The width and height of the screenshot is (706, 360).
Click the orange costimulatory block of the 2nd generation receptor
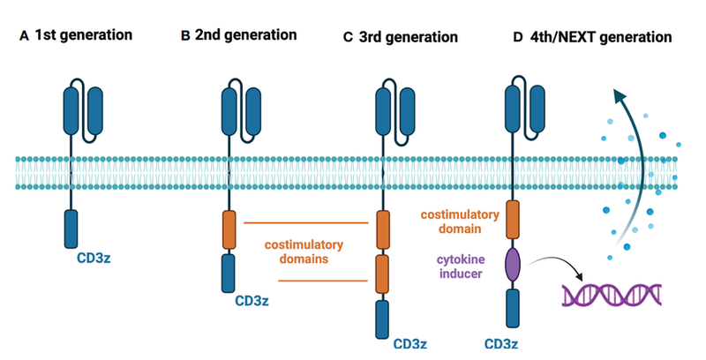pyautogui.click(x=229, y=229)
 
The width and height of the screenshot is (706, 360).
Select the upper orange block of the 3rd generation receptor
pyautogui.click(x=383, y=229)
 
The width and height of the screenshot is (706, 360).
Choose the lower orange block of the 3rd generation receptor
pyautogui.click(x=383, y=274)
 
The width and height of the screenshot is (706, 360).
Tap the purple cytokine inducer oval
pyautogui.click(x=512, y=266)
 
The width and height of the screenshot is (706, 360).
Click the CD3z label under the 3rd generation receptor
pyautogui.click(x=411, y=344)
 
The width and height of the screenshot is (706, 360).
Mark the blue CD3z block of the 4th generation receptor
pyautogui.click(x=512, y=312)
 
